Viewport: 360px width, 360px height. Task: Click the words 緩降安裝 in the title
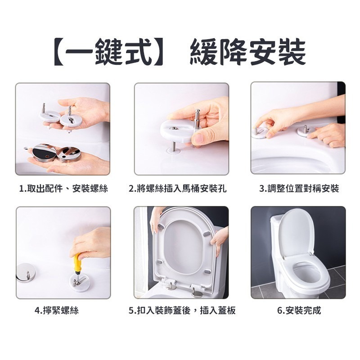point(247,52)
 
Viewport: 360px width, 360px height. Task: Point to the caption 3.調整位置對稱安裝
point(299,189)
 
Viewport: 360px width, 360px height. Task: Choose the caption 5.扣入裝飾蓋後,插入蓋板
point(182,310)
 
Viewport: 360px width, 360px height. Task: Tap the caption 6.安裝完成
point(299,310)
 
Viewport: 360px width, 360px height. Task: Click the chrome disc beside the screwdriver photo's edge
point(27,273)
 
